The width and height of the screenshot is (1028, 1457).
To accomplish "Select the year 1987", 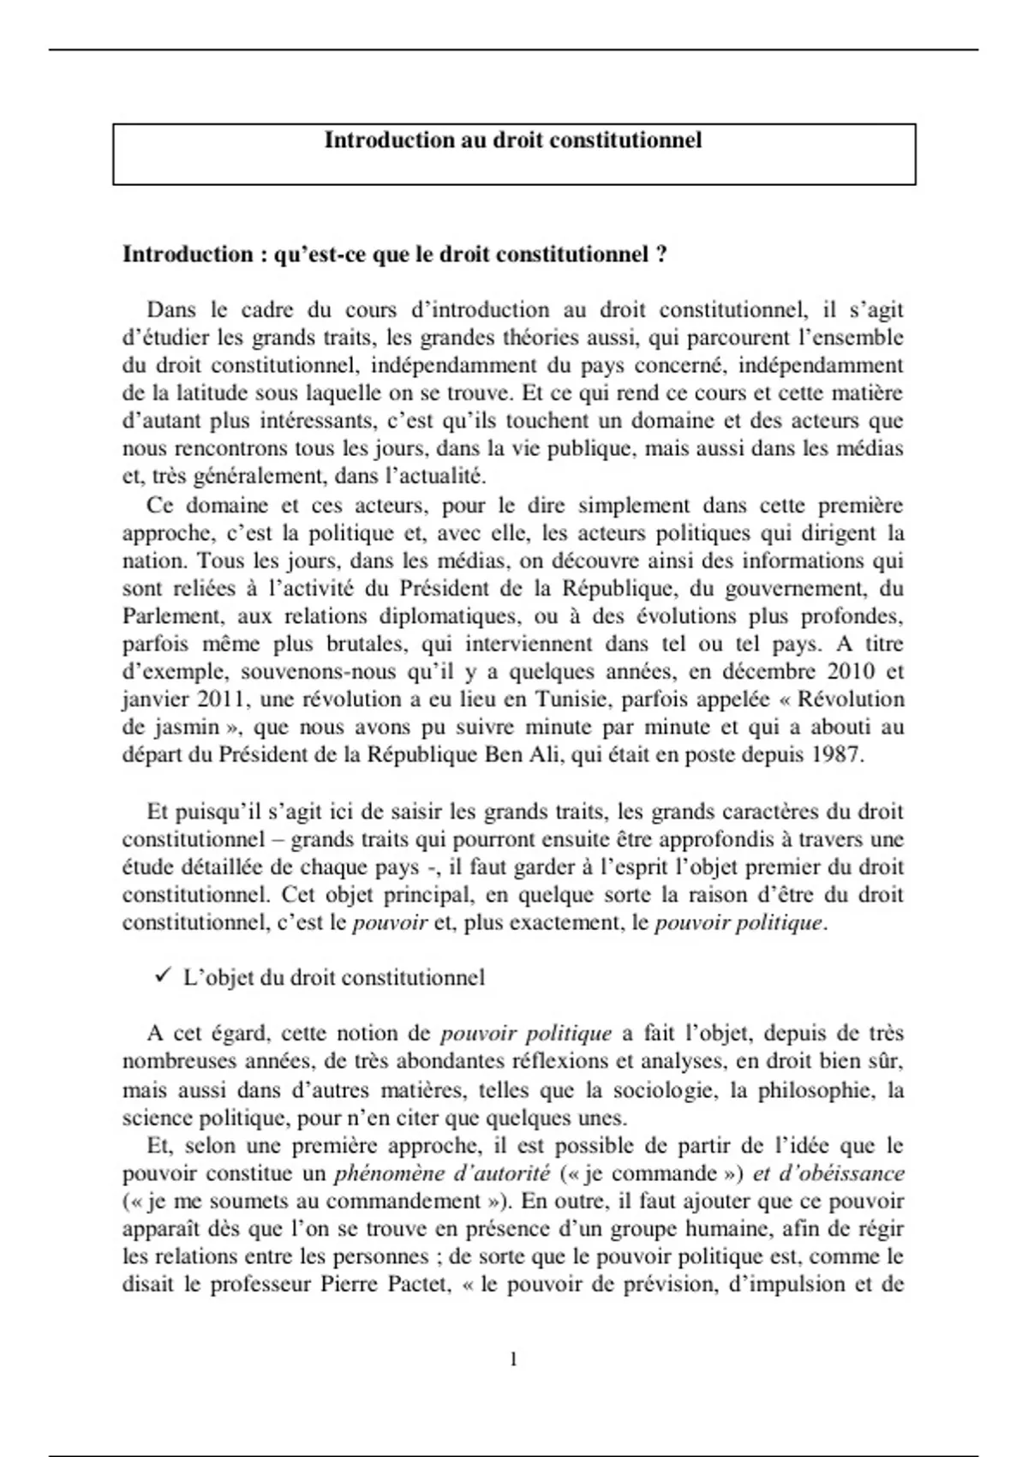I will [836, 755].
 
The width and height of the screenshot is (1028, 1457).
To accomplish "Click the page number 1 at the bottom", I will [514, 1359].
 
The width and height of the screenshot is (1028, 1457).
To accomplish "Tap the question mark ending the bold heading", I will [660, 255].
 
